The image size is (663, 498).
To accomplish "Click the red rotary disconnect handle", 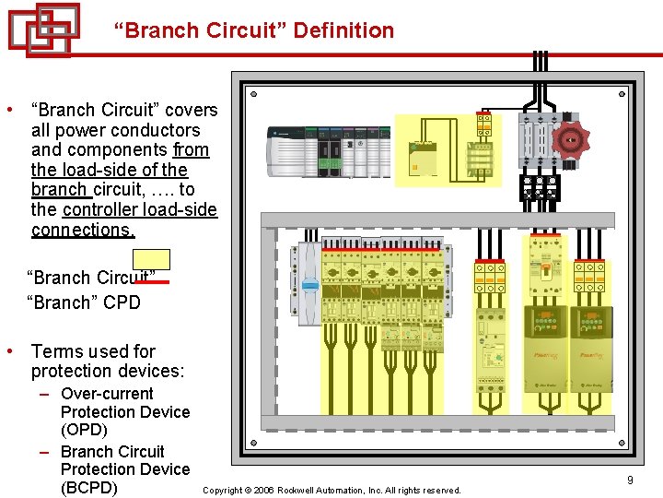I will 572,140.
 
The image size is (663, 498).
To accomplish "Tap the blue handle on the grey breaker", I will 310,285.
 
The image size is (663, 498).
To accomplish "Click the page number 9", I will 630,480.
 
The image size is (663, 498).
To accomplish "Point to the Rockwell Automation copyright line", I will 331,491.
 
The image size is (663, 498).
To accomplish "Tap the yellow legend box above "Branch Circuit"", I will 151,259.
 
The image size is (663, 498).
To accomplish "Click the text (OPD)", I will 84,430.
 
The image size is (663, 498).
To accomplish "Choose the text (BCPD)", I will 88,488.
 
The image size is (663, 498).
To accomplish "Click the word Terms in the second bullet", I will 55,351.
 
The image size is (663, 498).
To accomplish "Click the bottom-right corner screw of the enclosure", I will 622,450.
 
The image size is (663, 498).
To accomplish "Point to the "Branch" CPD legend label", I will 84,302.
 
